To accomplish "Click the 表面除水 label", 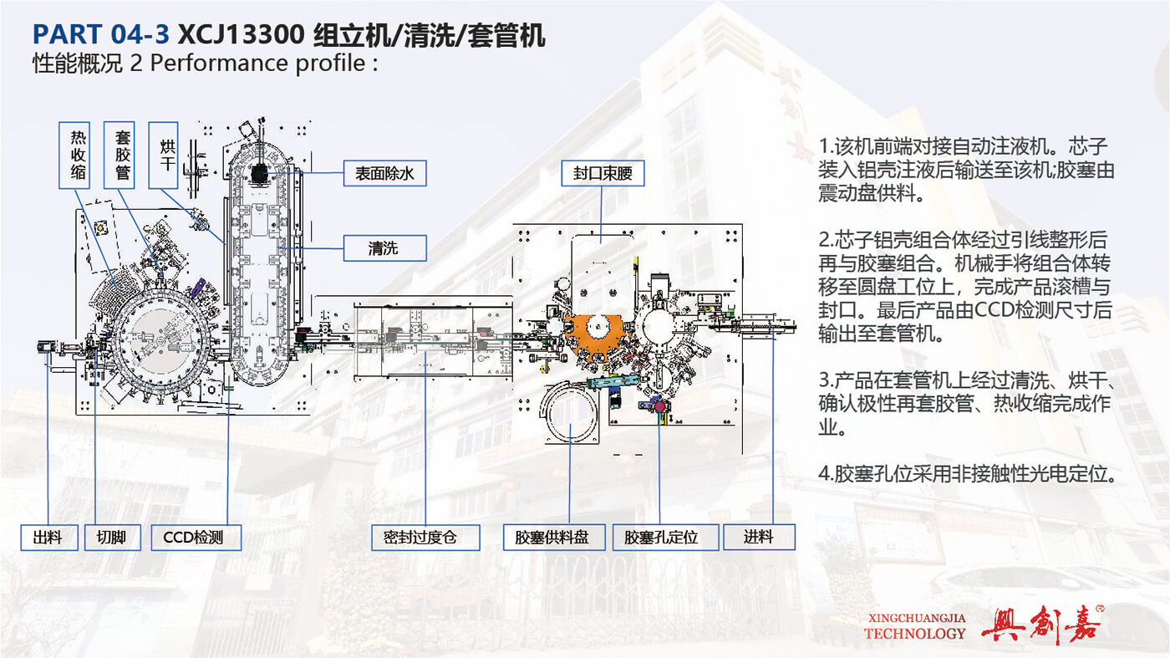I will pyautogui.click(x=384, y=173).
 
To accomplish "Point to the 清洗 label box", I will pyautogui.click(x=384, y=247).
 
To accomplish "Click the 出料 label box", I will pyautogui.click(x=48, y=538).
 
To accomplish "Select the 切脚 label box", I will pyautogui.click(x=112, y=538).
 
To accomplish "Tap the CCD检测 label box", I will pyautogui.click(x=196, y=538).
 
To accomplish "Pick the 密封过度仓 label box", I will pyautogui.click(x=425, y=538).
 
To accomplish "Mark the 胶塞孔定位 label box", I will pyautogui.click(x=666, y=538).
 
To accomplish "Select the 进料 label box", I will pyautogui.click(x=759, y=538).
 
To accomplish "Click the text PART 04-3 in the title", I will pyautogui.click(x=100, y=35).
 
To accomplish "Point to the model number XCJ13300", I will pyautogui.click(x=242, y=35).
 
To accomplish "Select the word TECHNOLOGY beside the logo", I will pyautogui.click(x=914, y=633).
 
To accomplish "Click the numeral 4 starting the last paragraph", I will pyautogui.click(x=823, y=474).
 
